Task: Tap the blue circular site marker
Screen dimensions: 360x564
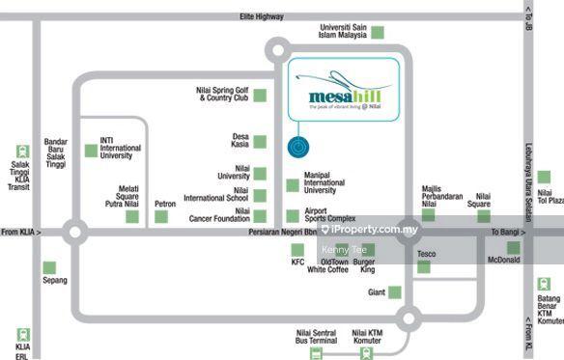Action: (297, 148)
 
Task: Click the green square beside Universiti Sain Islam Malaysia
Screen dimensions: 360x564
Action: (378, 31)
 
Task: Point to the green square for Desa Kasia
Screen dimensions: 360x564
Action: (259, 141)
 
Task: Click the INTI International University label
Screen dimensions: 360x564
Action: (120, 148)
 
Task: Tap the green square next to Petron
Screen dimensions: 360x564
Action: (161, 216)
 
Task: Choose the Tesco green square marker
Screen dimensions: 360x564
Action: (423, 266)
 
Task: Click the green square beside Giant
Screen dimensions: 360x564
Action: (394, 291)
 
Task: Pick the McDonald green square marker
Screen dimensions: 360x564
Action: (513, 248)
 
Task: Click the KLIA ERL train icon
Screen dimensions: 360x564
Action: (22, 335)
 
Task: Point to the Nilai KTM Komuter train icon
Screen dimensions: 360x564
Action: (366, 353)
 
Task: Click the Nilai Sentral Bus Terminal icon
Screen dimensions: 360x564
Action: (316, 353)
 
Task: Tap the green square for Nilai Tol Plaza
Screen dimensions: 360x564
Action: (545, 178)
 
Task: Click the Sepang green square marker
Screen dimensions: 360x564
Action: (49, 267)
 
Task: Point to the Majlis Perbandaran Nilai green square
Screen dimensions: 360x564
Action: (428, 214)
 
